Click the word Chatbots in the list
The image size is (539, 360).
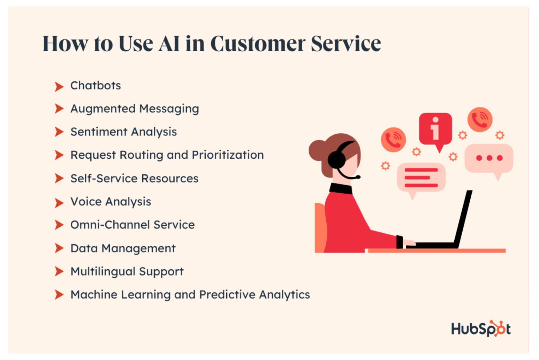(x=96, y=85)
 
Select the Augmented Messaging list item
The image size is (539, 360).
(x=135, y=109)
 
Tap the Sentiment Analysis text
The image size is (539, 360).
(x=123, y=132)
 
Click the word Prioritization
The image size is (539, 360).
(x=228, y=155)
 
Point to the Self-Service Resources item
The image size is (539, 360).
(x=134, y=178)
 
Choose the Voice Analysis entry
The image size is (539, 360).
(x=111, y=202)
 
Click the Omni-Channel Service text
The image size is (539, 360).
(x=132, y=225)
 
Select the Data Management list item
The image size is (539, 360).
(x=123, y=248)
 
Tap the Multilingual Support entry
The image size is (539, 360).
(x=127, y=271)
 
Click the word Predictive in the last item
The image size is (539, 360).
(x=227, y=295)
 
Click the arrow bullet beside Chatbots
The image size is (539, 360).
(x=59, y=86)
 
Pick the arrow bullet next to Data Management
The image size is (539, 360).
(x=59, y=248)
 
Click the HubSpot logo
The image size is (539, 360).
(x=481, y=328)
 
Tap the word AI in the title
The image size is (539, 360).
(x=169, y=44)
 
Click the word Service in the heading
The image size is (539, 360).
(x=346, y=44)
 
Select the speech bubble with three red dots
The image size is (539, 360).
(x=489, y=159)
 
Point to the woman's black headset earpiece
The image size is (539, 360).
(x=336, y=160)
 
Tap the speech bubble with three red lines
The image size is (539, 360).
(x=421, y=178)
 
